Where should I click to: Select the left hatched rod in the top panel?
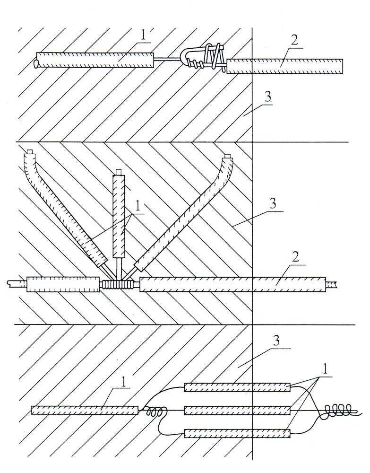95,60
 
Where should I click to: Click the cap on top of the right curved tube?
227,156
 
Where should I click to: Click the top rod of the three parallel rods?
237,387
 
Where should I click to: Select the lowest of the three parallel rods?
237,433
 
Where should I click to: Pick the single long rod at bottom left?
85,410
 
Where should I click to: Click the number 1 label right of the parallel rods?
324,367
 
